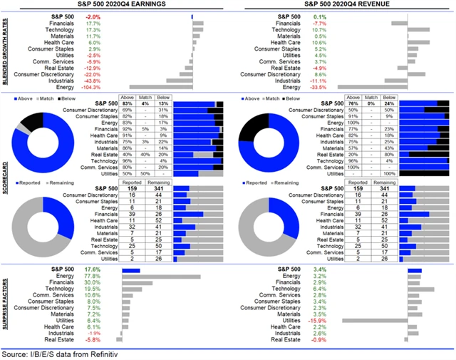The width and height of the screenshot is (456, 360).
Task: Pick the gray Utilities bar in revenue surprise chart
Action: pyautogui.click(x=375, y=321)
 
